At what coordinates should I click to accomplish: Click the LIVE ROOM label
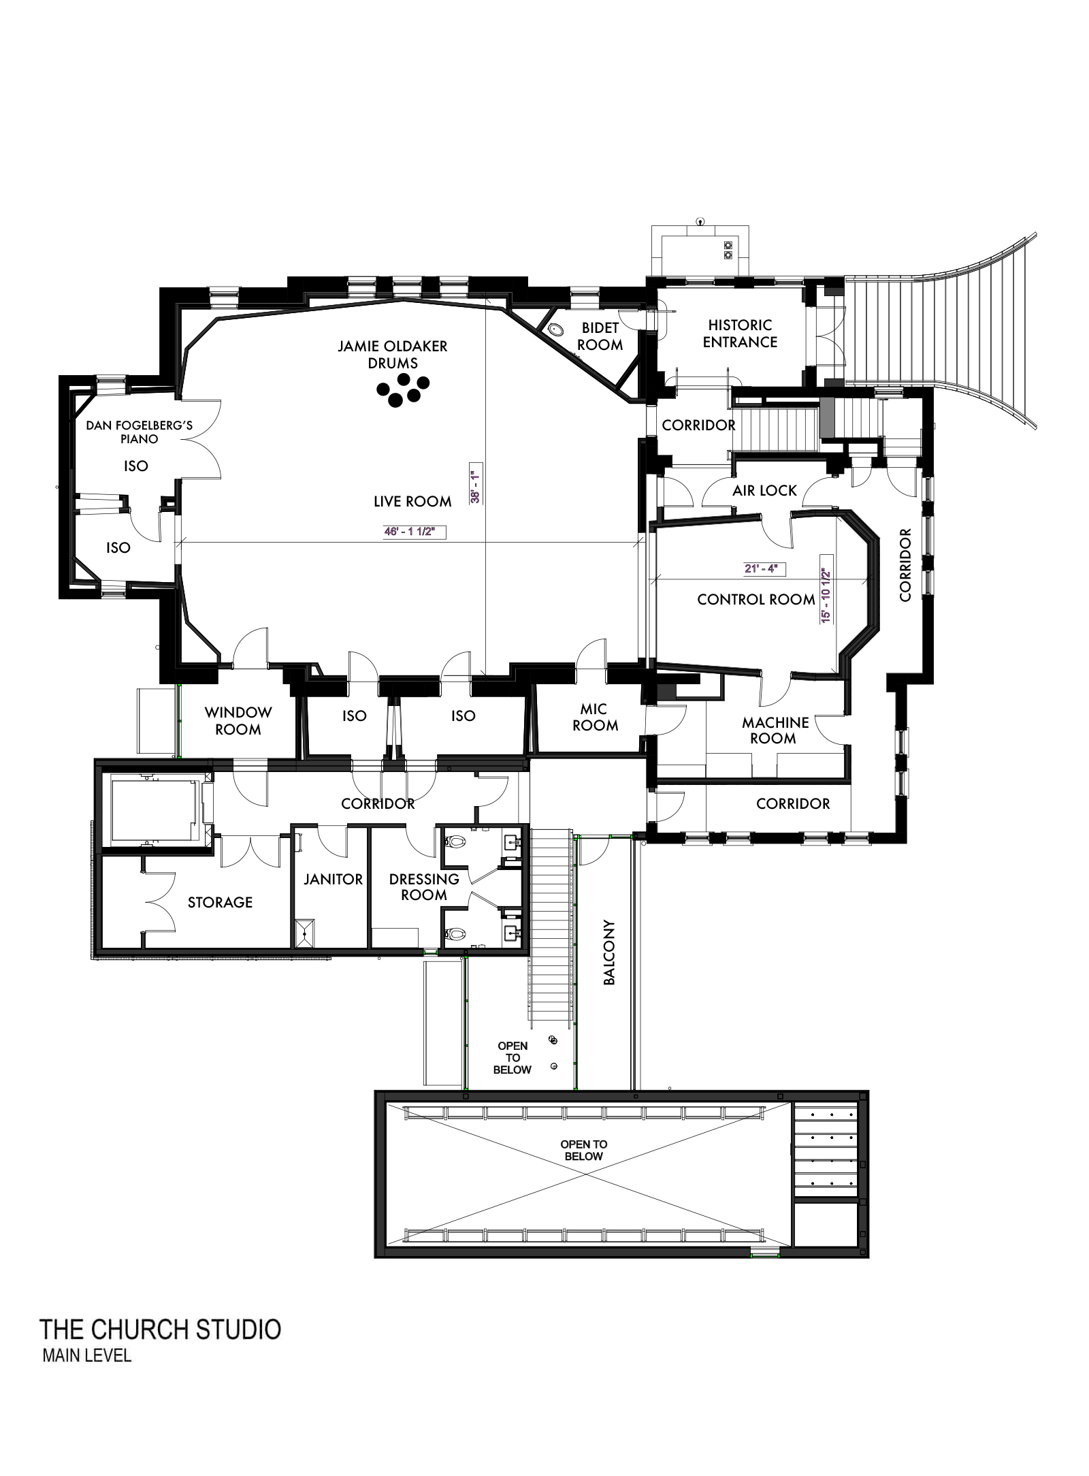pos(412,502)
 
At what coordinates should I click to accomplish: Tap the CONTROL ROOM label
pos(755,600)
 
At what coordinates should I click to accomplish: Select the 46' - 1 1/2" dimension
pos(408,532)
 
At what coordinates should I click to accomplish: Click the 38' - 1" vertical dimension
pos(476,484)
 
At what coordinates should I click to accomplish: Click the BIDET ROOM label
pos(600,336)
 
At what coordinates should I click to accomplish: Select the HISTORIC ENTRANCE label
pos(740,334)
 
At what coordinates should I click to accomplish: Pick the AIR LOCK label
pos(764,491)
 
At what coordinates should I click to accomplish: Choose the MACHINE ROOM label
pos(775,731)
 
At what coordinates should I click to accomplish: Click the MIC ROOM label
pos(595,718)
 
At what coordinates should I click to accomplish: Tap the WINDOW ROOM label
pos(238,721)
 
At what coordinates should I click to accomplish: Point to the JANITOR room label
pos(333,880)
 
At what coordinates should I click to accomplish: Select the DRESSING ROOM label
pos(424,887)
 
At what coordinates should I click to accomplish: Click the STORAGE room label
pos(220,903)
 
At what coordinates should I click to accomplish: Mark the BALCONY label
pos(609,953)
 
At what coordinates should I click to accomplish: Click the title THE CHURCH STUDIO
pos(161,1329)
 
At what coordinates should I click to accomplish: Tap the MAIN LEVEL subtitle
pos(86,1355)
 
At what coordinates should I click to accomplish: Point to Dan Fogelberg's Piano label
pos(140,432)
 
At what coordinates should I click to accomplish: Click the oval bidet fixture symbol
pos(557,330)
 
